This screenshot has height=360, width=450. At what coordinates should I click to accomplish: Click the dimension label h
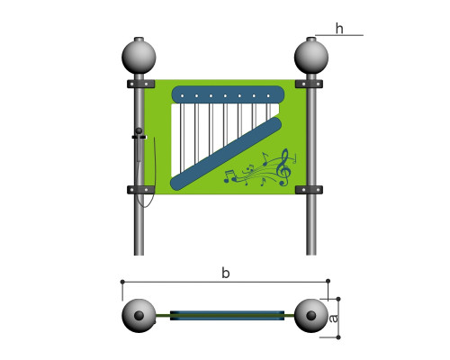(x=339, y=29)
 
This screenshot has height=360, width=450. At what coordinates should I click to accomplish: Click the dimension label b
(x=226, y=273)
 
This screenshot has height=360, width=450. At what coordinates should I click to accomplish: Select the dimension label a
(x=333, y=319)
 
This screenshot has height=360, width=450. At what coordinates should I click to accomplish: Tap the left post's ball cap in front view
(x=139, y=57)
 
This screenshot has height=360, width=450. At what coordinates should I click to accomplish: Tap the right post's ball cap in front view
(x=311, y=57)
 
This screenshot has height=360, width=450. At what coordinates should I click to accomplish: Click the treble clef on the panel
(x=284, y=167)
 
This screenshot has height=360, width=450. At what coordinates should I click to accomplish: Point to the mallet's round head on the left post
(x=139, y=130)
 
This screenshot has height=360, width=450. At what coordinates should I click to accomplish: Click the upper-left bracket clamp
(x=140, y=84)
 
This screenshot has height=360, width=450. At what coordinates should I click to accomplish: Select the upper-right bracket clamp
(x=309, y=84)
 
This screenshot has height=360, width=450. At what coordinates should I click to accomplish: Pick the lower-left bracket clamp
(x=140, y=190)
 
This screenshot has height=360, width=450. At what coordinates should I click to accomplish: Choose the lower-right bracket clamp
(x=309, y=190)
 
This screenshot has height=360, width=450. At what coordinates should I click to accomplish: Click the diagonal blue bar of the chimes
(x=226, y=154)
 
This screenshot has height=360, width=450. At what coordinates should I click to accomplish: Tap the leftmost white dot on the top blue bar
(x=182, y=96)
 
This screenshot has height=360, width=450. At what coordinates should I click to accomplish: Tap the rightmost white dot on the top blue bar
(x=268, y=96)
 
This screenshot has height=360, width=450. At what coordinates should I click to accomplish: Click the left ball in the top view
(x=139, y=316)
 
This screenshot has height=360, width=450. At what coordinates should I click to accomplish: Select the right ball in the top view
(x=311, y=316)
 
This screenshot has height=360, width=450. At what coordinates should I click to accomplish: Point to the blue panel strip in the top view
(x=227, y=316)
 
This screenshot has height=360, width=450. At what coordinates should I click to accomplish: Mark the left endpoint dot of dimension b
(x=122, y=282)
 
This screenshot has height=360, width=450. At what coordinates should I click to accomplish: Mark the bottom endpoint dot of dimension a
(x=338, y=337)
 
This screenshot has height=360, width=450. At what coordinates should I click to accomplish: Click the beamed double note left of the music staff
(x=229, y=176)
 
